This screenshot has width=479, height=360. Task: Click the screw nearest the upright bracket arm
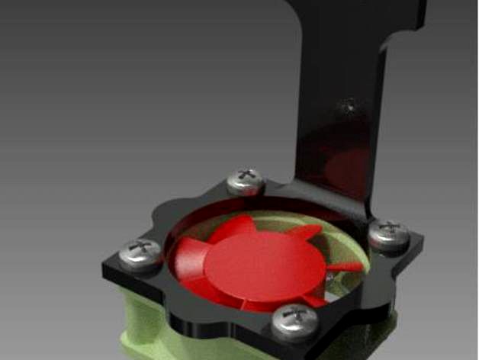246,182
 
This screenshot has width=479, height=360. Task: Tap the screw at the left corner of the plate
141,253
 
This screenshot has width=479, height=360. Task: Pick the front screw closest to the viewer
295,320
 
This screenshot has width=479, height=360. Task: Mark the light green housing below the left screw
145,320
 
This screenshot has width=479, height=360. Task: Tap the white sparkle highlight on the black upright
349,108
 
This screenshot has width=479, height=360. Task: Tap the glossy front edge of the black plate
214,320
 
